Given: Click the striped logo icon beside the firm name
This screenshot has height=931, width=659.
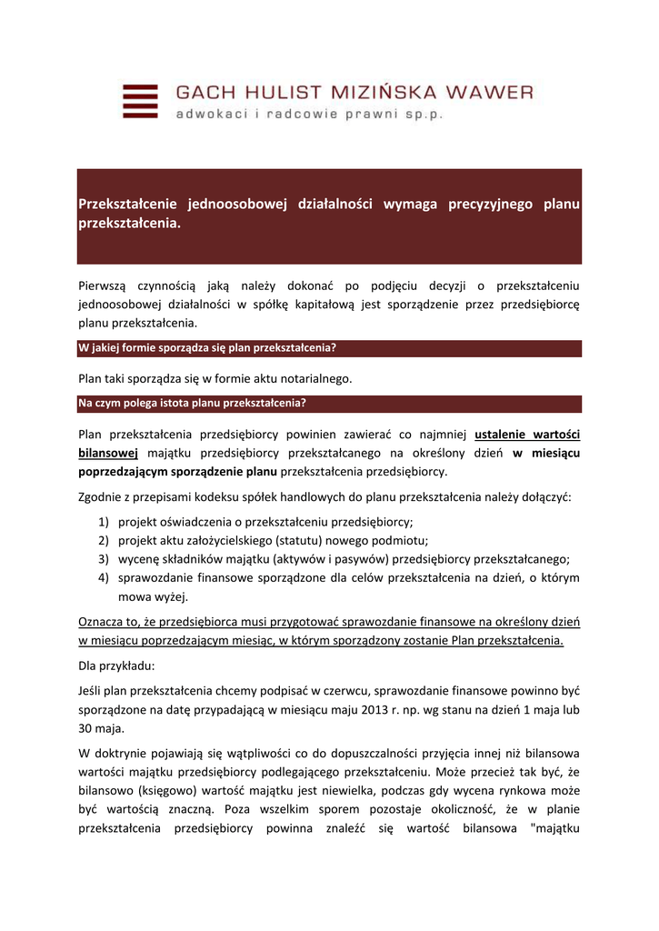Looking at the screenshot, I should pos(140,101).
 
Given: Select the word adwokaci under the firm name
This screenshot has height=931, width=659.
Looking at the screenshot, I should pos(210,115).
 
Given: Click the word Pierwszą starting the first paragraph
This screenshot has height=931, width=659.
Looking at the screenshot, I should pos(106,285).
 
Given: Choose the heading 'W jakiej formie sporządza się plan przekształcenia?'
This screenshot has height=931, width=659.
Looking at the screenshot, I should pos(208,348).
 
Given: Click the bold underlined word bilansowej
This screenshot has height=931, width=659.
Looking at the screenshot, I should pos(108,452).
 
